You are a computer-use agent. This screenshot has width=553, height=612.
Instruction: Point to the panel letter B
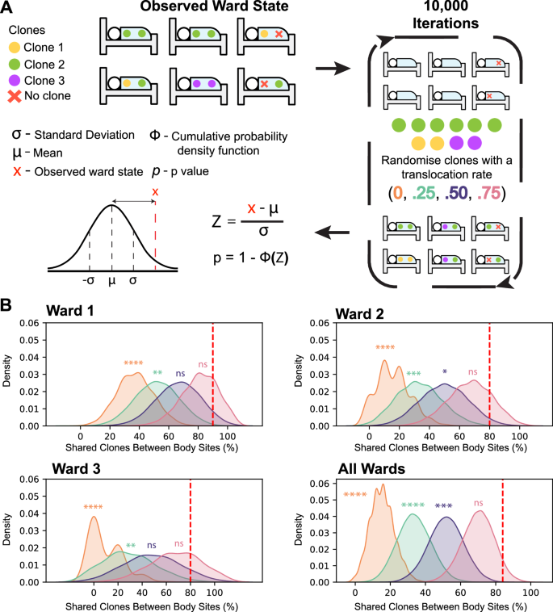pyautogui.click(x=8, y=307)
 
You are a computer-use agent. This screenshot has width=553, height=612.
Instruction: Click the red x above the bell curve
pyautogui.click(x=155, y=191)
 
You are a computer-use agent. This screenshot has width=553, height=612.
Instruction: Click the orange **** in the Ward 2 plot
pyautogui.click(x=388, y=348)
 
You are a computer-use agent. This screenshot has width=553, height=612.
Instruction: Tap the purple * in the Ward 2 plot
pyautogui.click(x=445, y=372)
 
